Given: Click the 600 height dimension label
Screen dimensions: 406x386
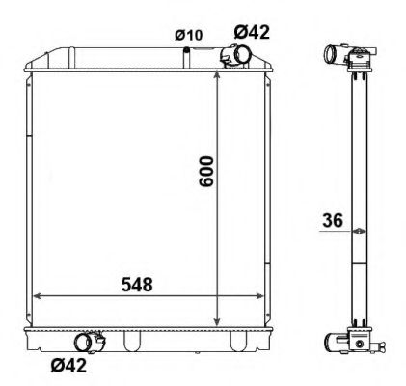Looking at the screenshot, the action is (206, 172).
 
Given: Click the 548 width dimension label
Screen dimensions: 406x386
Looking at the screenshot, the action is (137, 285).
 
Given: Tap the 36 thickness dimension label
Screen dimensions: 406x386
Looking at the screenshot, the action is (333, 221).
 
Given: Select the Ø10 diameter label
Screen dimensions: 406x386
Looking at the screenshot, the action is (189, 35).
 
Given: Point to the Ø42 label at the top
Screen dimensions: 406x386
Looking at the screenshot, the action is (252, 32).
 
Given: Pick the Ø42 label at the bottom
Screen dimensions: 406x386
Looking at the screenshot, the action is (68, 365).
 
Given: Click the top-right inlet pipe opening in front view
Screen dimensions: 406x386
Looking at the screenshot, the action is (242, 54).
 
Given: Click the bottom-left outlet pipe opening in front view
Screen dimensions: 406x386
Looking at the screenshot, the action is (83, 343).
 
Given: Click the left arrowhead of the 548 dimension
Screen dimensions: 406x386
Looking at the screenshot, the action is (38, 296).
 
